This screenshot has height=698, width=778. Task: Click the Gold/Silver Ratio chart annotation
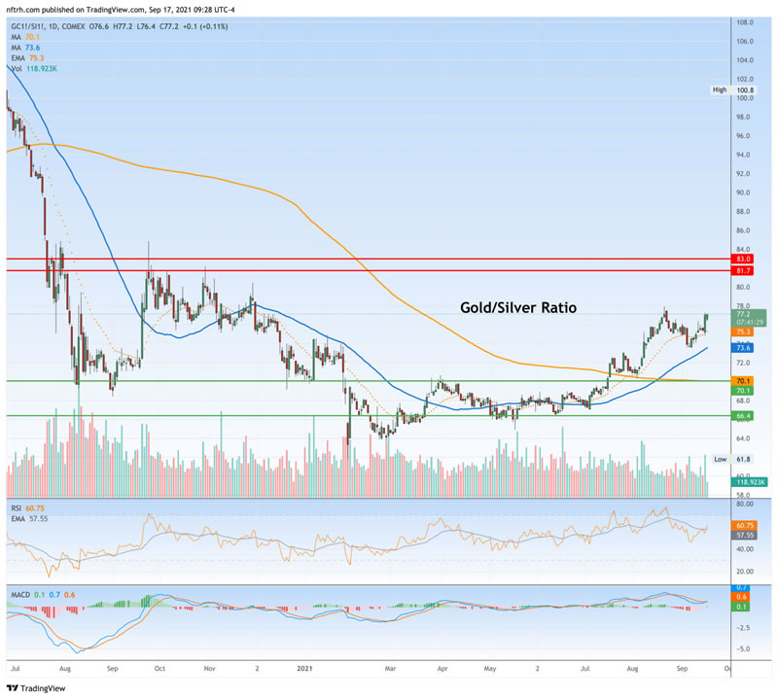click(x=518, y=307)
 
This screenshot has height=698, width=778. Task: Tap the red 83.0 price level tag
click(x=744, y=260)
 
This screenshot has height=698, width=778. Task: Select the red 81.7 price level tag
click(x=744, y=271)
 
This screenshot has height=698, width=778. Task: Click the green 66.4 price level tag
click(x=744, y=416)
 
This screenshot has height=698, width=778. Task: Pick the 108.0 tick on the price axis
click(x=747, y=22)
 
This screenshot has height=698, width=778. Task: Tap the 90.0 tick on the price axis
click(x=747, y=192)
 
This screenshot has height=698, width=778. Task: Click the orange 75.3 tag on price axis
click(x=744, y=331)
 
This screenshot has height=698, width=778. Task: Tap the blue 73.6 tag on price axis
click(x=744, y=347)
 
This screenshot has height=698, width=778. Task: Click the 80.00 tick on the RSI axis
click(x=746, y=505)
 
